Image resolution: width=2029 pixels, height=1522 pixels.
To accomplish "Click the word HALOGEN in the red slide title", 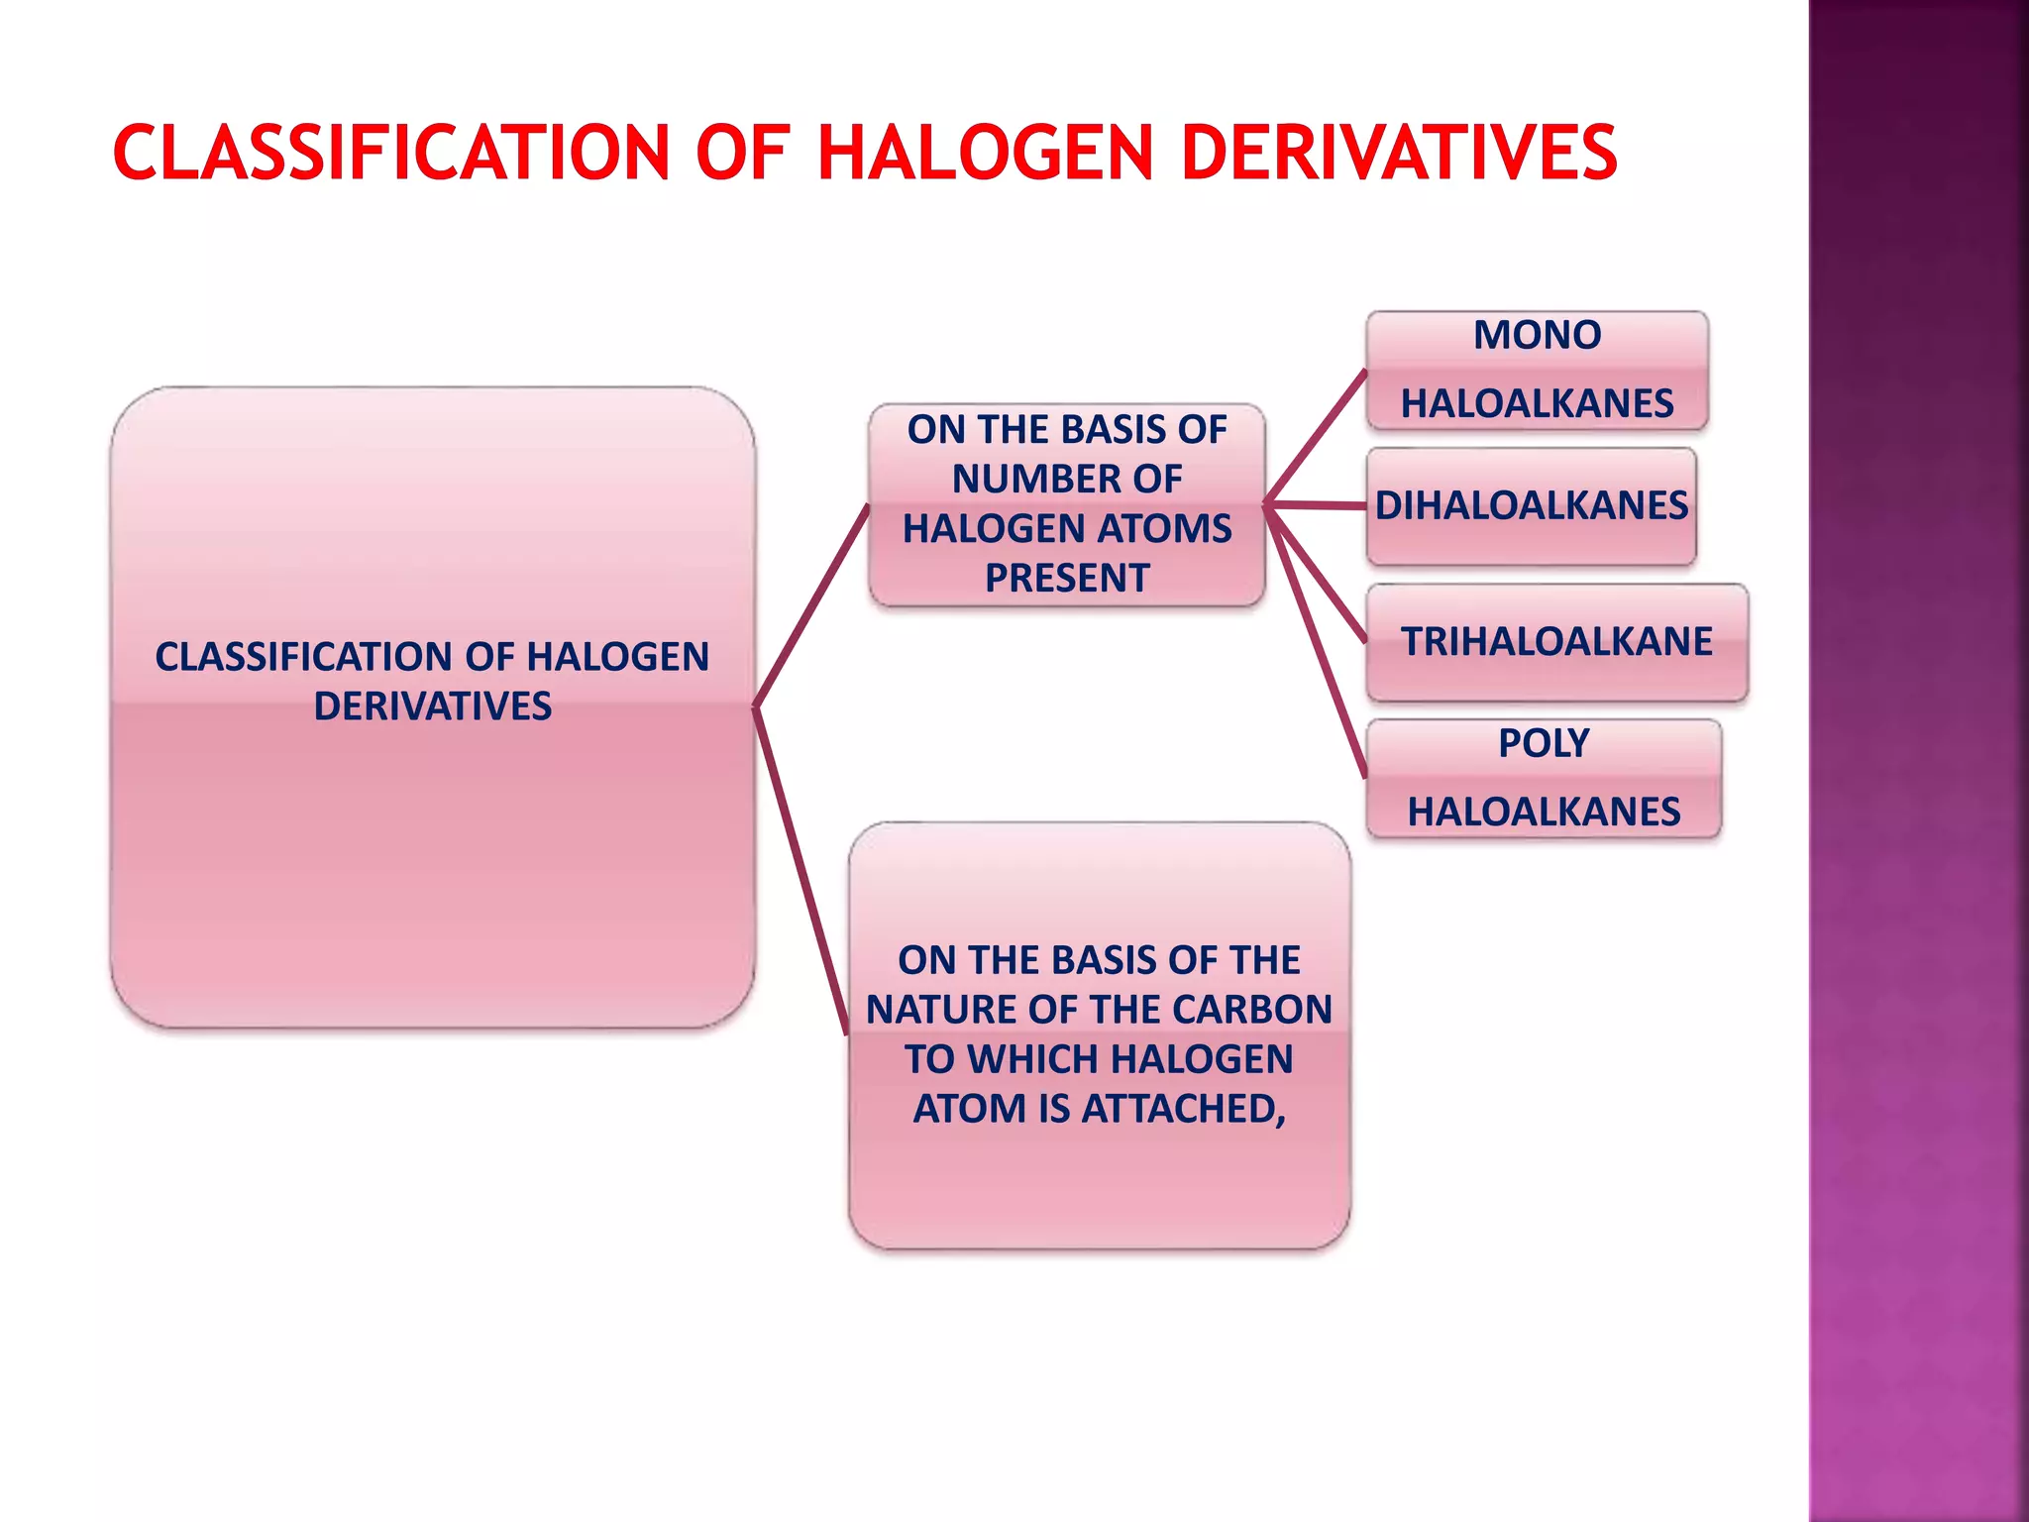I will pyautogui.click(x=986, y=154).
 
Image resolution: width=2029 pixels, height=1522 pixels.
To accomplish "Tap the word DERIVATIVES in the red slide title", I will pyautogui.click(x=1399, y=154).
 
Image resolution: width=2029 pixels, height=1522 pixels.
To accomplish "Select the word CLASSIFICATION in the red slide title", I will pyautogui.click(x=391, y=154).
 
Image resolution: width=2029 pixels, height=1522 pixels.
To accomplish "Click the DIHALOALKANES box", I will pyautogui.click(x=1531, y=506).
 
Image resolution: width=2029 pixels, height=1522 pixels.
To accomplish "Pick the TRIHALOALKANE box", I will pyautogui.click(x=1556, y=642).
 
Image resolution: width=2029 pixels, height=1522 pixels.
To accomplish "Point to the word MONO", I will pyautogui.click(x=1537, y=335).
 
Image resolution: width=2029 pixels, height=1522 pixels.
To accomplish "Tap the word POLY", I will pyautogui.click(x=1544, y=743).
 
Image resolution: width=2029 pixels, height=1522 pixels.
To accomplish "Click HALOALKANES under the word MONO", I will pyautogui.click(x=1537, y=404).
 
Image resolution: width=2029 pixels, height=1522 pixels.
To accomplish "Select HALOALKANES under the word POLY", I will pyautogui.click(x=1544, y=813).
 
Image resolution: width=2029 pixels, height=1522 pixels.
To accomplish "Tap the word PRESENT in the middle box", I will pyautogui.click(x=1067, y=579).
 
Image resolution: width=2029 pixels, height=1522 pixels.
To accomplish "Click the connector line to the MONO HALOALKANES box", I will pyautogui.click(x=1317, y=436).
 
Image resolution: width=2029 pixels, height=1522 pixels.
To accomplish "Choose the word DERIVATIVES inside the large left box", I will pyautogui.click(x=432, y=707).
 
